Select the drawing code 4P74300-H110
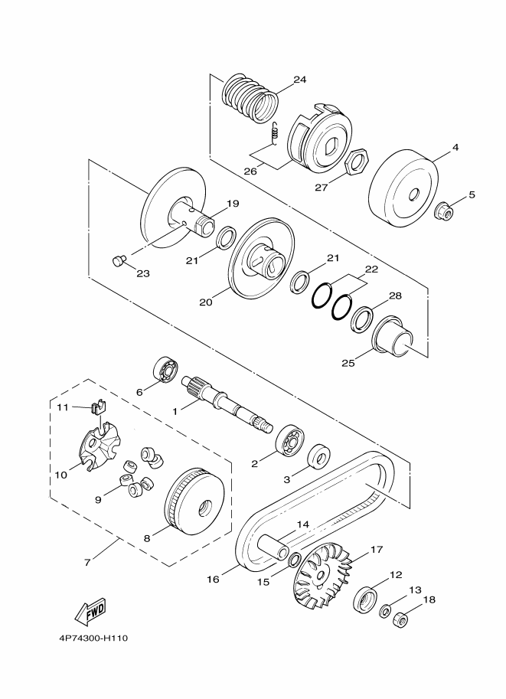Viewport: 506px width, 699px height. tap(93, 639)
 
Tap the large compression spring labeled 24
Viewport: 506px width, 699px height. tap(250, 98)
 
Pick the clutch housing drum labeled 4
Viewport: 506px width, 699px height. tap(403, 188)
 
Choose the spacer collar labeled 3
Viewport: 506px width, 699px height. tap(318, 456)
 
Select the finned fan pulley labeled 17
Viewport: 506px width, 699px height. tap(323, 575)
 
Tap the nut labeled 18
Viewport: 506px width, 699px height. tap(401, 619)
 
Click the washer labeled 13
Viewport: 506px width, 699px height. tap(385, 610)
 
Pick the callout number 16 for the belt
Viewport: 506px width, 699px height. tap(213, 579)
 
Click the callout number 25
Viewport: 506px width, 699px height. tap(348, 363)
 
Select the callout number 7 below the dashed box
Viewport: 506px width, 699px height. tap(87, 563)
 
